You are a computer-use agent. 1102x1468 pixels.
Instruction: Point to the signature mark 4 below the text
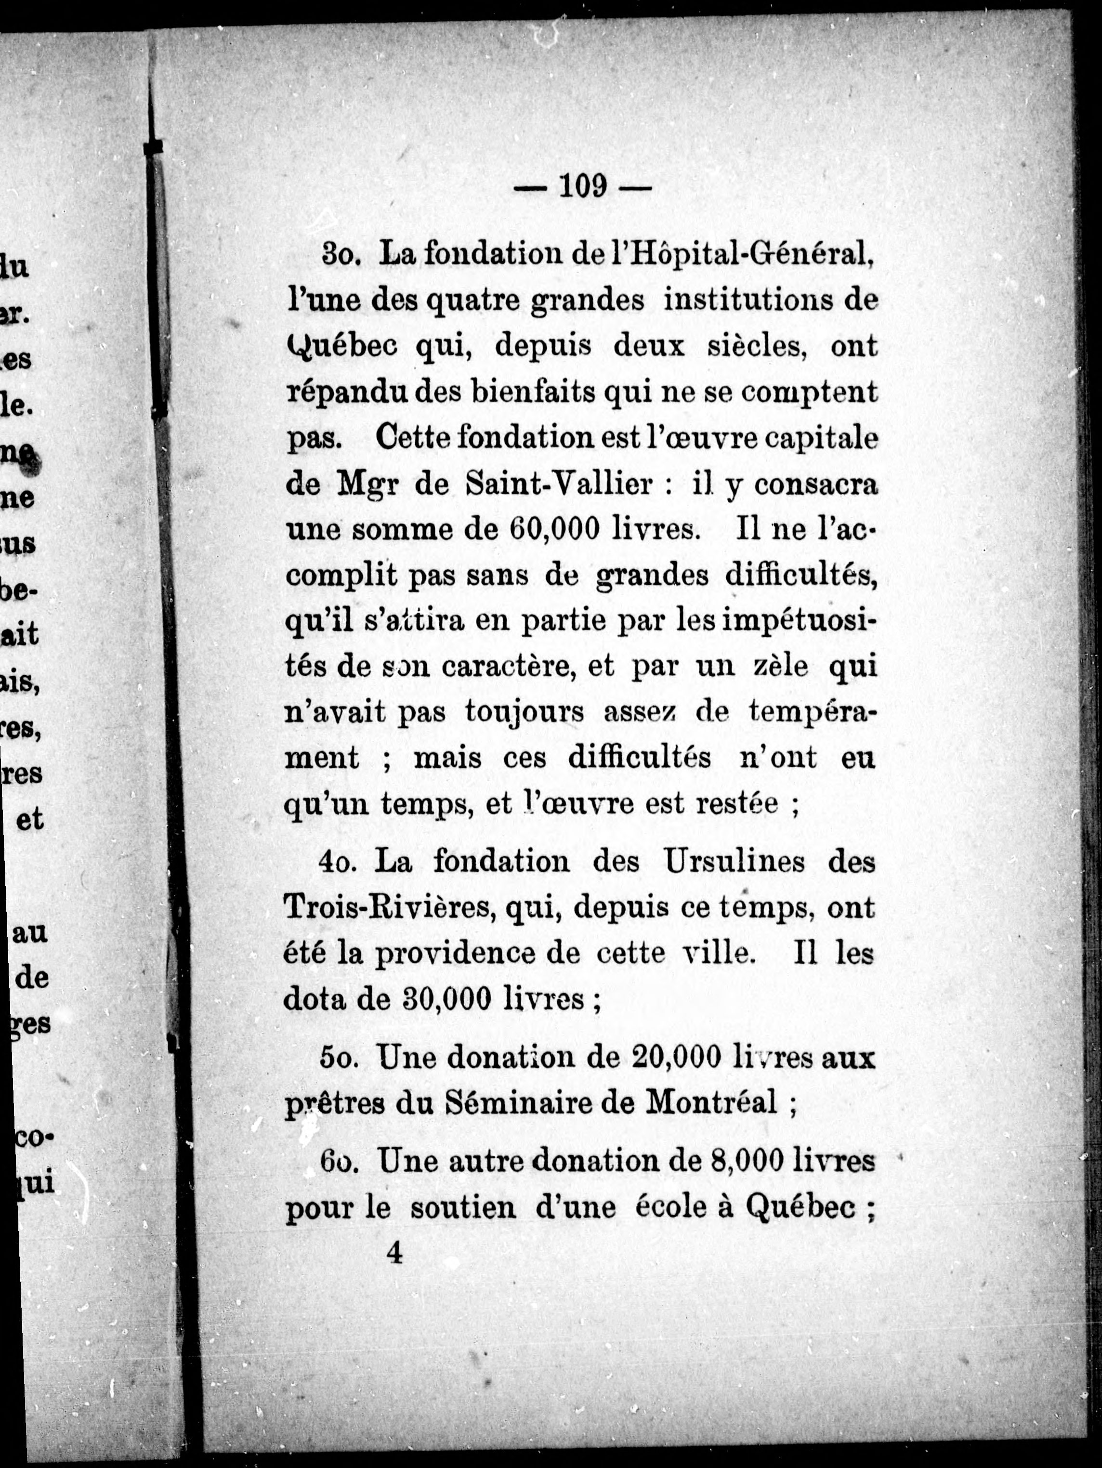coord(394,1253)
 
